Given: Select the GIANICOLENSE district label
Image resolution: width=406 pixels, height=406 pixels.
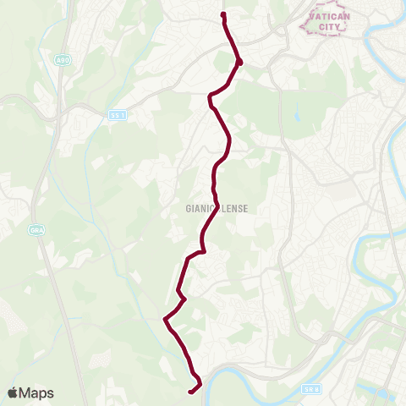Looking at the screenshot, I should [x=216, y=207].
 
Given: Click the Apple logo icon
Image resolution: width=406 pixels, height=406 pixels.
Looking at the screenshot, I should [x=14, y=392].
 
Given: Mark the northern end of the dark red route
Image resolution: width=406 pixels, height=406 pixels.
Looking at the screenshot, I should [x=223, y=14].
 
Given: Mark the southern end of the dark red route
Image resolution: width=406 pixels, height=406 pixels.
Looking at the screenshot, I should [x=189, y=391].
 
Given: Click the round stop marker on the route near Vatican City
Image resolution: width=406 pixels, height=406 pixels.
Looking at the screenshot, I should [x=239, y=62].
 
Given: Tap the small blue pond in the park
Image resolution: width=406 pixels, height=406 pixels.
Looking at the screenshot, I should [x=297, y=115].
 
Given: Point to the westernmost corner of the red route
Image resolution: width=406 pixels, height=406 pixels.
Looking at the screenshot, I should [x=164, y=319].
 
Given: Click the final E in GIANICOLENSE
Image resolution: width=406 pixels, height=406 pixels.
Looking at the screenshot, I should [x=245, y=207].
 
